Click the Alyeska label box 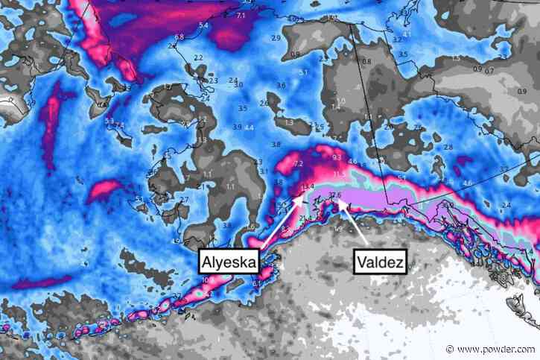(229, 262)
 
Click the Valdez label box (379, 262)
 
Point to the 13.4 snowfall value (308, 186)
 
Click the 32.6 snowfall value (334, 195)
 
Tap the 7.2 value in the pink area (299, 163)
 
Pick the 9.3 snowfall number (337, 158)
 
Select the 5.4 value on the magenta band (203, 26)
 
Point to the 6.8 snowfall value (180, 37)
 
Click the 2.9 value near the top (276, 38)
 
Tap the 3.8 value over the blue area (276, 144)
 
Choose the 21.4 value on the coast (306, 218)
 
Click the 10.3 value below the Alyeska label (207, 280)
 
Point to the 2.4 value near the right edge (506, 205)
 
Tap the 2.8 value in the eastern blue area (448, 148)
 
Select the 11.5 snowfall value (340, 175)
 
